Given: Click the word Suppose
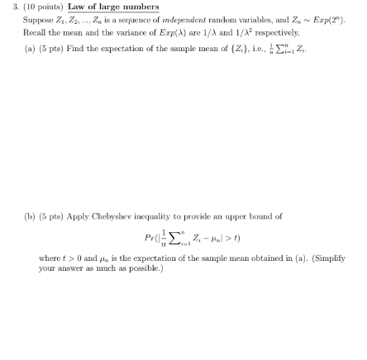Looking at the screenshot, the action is click(x=28, y=16).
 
